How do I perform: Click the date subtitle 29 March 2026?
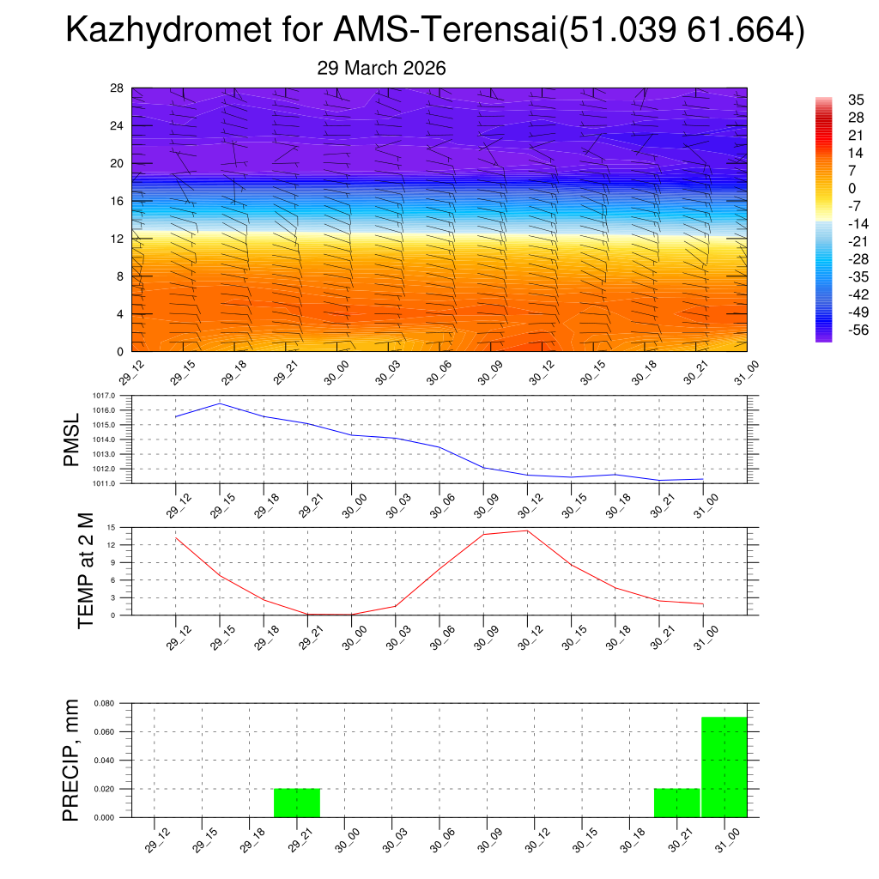click(x=381, y=69)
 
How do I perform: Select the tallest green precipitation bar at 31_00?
click(x=724, y=767)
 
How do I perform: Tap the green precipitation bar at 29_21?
click(x=297, y=803)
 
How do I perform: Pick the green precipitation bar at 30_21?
click(x=676, y=803)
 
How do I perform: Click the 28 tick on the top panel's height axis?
click(x=117, y=88)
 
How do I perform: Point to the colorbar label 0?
click(x=852, y=188)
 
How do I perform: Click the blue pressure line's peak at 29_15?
click(x=220, y=403)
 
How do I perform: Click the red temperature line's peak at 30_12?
click(x=527, y=530)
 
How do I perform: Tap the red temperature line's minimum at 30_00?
click(x=351, y=615)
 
